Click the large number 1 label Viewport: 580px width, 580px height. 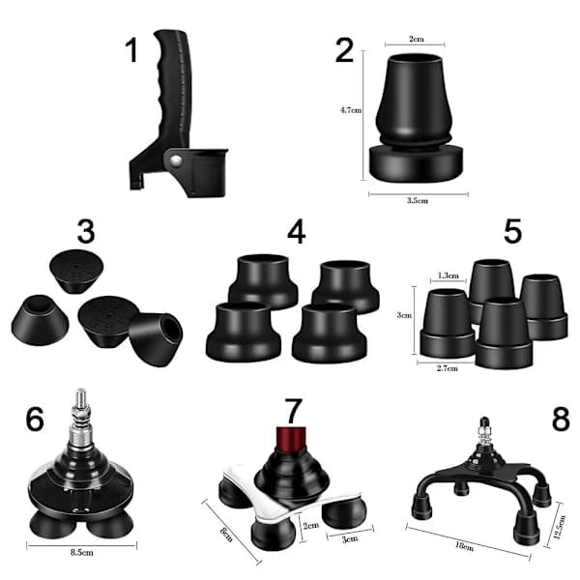(x=131, y=50)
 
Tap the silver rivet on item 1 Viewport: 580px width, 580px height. (x=176, y=160)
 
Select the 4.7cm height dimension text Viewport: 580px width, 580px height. (x=351, y=110)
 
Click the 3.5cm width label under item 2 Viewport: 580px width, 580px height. (x=418, y=200)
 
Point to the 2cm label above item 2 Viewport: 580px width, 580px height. (x=416, y=39)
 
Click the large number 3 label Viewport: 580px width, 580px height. (x=86, y=232)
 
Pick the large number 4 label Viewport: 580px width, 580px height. (x=297, y=232)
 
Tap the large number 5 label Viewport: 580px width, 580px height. (x=512, y=231)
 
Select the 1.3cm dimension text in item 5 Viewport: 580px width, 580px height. (x=448, y=275)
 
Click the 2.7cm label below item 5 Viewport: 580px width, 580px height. (x=448, y=368)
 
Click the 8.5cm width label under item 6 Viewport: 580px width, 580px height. (x=82, y=553)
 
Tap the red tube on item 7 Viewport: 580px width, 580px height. (x=291, y=439)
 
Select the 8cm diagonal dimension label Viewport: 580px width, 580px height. (x=226, y=535)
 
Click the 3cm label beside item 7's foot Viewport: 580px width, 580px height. (x=350, y=539)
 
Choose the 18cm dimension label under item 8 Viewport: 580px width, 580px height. (x=464, y=546)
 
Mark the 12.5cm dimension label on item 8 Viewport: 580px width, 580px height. (x=560, y=527)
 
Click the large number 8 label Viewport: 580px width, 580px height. (x=561, y=420)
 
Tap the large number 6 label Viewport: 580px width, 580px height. (x=35, y=420)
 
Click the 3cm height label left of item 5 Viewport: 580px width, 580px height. (x=404, y=315)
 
